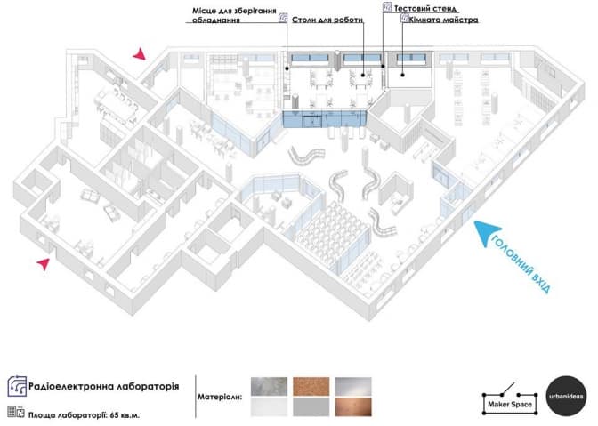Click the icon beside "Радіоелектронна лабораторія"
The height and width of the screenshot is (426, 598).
pyautogui.click(x=16, y=386)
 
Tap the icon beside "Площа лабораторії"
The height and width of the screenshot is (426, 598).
pyautogui.click(x=14, y=413)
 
